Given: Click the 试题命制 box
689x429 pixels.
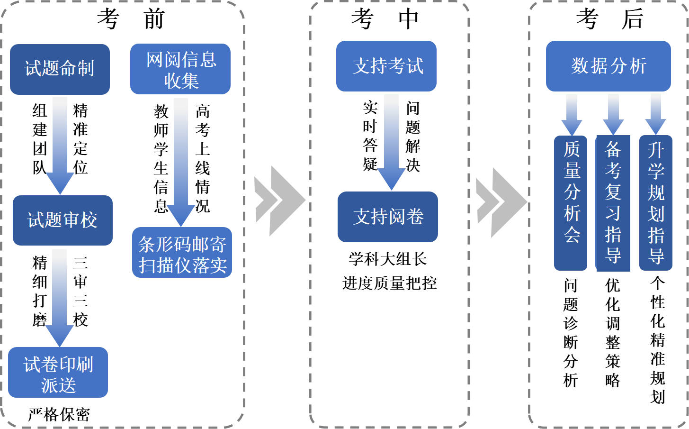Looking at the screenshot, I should tap(60, 69).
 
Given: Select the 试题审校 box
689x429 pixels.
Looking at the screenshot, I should tap(63, 220).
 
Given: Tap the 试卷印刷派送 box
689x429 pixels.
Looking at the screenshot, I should tap(58, 372).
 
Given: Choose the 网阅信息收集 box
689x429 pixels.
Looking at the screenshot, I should tap(180, 69).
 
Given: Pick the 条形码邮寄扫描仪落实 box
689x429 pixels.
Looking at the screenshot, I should tap(182, 252).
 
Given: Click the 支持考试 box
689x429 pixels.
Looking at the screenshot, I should tap(386, 66).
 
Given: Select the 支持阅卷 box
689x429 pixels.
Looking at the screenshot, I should tap(388, 217).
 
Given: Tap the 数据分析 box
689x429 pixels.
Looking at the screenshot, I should tap(608, 66).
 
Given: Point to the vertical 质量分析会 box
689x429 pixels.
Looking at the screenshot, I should tap(571, 203).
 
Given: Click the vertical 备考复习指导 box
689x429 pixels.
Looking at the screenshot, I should tap(613, 203).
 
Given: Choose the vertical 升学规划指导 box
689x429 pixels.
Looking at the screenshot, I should tap(656, 203).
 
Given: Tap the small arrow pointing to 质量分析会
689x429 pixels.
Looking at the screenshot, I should tap(572, 114).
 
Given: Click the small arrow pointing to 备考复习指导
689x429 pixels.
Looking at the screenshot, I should tap(613, 114).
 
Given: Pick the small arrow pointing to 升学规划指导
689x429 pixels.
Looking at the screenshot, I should tap(656, 113).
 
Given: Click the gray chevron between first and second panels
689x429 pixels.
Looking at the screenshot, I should tap(279, 201).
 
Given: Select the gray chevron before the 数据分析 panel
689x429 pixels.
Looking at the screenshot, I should tap(501, 202).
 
